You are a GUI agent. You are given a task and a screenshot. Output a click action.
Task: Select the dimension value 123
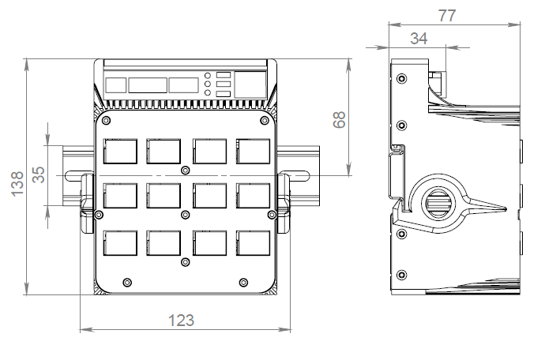[182, 320]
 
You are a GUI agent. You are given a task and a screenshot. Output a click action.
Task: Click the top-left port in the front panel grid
[119, 150]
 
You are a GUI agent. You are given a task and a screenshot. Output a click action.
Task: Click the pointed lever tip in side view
[503, 208]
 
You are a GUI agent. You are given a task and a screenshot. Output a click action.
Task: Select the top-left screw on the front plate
[106, 122]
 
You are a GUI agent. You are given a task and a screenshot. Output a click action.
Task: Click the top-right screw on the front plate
[265, 122]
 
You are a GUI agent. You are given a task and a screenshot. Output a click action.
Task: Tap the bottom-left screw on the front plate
[127, 282]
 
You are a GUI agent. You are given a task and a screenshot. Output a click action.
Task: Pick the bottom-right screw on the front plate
[243, 282]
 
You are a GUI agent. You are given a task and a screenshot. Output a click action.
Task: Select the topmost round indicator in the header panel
[208, 75]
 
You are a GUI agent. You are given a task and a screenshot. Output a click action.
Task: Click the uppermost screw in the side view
[403, 80]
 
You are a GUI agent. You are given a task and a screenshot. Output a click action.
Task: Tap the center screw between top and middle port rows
[185, 171]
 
